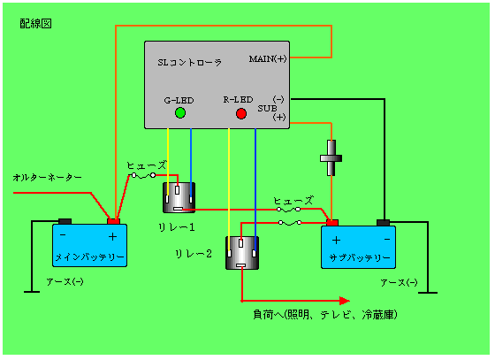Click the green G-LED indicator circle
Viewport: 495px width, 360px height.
(180, 112)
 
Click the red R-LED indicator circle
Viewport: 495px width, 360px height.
(241, 113)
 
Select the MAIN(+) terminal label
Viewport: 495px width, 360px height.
(268, 58)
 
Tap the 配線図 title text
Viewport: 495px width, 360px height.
(35, 24)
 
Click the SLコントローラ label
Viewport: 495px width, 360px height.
(190, 63)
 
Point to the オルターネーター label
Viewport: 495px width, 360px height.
(48, 178)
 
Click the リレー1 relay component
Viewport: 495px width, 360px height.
(179, 197)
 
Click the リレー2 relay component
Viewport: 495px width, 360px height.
(242, 253)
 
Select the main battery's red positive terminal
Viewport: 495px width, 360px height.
(113, 221)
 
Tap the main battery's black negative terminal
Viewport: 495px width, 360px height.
(65, 221)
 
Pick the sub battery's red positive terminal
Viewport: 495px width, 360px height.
(332, 223)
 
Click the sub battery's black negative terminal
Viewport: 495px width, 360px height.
(384, 223)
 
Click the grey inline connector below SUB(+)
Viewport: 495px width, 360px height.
(331, 158)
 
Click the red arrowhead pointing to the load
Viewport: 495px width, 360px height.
(345, 301)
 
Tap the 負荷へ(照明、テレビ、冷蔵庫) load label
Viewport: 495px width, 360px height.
(325, 315)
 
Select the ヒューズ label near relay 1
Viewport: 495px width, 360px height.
(147, 165)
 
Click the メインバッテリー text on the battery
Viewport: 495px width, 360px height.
(89, 257)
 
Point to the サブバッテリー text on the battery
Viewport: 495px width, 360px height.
(360, 258)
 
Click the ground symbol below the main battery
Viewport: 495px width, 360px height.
(32, 292)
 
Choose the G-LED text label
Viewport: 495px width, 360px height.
(179, 101)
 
